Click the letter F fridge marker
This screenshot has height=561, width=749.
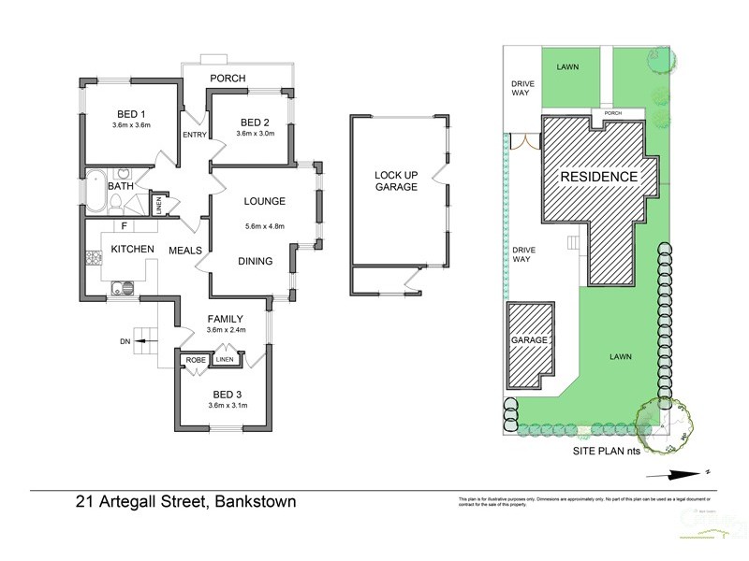(122, 225)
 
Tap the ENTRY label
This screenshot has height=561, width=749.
(195, 135)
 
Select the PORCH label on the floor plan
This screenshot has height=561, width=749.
(227, 78)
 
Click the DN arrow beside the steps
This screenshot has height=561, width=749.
(132, 341)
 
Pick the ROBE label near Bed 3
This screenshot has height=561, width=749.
(195, 359)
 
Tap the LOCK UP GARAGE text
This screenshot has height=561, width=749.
(395, 181)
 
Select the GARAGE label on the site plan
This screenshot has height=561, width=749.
(528, 340)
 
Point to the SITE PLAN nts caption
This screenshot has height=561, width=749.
(612, 450)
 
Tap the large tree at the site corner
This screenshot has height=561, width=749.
(664, 422)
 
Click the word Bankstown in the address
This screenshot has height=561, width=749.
(256, 501)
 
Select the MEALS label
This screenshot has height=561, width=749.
(185, 250)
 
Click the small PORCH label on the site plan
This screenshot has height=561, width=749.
(612, 114)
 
